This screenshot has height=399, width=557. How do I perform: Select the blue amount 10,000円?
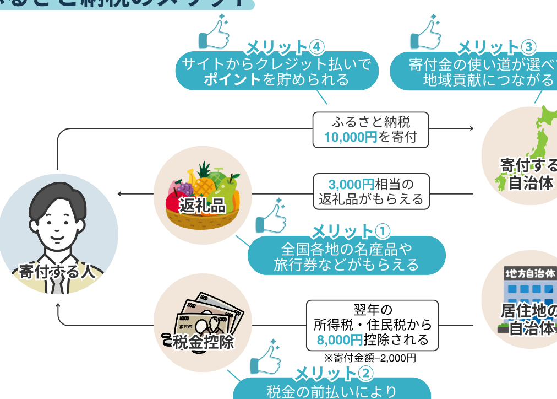(x=350, y=137)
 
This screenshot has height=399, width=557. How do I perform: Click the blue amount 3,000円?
(x=351, y=184)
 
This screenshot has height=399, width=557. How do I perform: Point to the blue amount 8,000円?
(x=340, y=339)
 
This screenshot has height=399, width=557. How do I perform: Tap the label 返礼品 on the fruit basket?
(x=203, y=206)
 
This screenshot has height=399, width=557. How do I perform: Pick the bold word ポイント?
(x=232, y=79)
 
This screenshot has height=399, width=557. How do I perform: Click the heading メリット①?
(x=351, y=230)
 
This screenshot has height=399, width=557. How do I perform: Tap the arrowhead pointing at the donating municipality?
(x=471, y=128)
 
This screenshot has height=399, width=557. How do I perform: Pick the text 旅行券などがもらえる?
(x=346, y=265)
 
